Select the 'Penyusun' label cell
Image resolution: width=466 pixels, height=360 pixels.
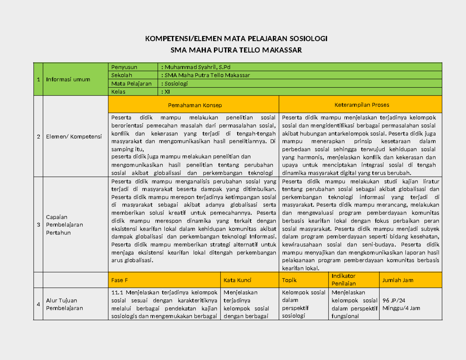pyautogui.click(x=124, y=67)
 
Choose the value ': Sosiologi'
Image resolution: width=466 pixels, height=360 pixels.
pyautogui.click(x=174, y=83)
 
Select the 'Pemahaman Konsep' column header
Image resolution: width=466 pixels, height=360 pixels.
pyautogui.click(x=195, y=105)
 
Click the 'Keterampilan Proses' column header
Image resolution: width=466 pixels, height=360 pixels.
pyautogui.click(x=362, y=105)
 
